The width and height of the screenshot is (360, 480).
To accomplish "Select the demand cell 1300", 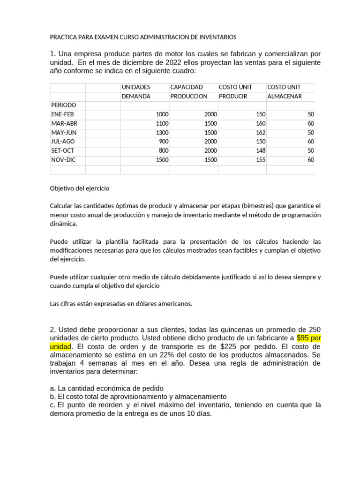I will [159, 133].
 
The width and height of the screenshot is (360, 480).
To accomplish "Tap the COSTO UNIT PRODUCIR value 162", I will [261, 133].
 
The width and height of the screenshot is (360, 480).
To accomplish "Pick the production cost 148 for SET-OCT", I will [261, 151].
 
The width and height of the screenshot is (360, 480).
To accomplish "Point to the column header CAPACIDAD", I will [187, 87].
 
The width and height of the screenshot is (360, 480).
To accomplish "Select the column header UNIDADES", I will [136, 87].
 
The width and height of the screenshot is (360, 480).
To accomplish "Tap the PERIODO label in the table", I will [63, 105].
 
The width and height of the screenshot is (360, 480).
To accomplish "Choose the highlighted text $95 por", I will [309, 338].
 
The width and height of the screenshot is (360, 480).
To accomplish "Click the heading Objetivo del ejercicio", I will [79, 188].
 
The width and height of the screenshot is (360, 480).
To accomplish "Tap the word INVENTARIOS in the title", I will [217, 37].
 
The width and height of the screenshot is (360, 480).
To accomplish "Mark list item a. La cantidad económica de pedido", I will [107, 388].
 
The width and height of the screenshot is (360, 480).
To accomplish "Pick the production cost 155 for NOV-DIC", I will [261, 160].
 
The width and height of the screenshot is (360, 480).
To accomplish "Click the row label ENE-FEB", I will [62, 114].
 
